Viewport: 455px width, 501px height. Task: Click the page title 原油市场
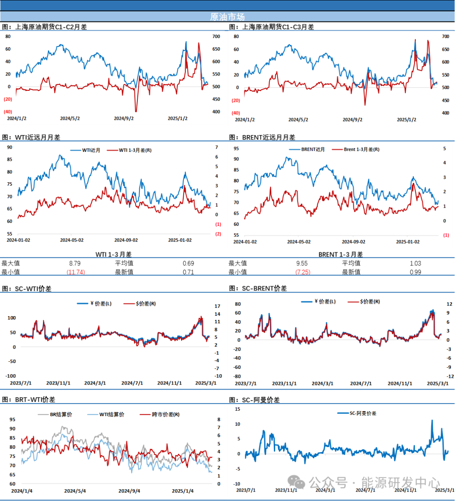227,17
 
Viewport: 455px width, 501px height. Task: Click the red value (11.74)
76,272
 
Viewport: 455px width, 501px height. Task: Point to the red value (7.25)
303,272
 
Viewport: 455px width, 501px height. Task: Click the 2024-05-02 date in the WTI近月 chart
72,240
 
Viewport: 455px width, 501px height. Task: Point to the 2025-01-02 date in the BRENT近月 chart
408,242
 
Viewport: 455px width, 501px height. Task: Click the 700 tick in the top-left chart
216,37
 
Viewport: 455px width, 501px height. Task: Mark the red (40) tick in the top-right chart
236,113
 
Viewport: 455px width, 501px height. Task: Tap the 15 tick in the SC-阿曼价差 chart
238,409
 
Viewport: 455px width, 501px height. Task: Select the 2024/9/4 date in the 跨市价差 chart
129,491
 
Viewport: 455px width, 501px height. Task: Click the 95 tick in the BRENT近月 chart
236,149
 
